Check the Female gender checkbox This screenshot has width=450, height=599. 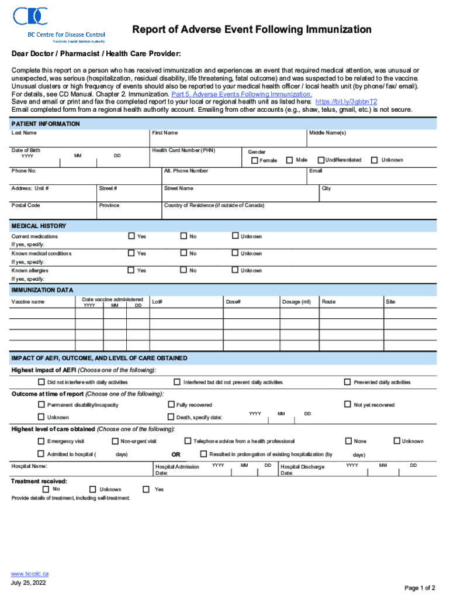pos(255,160)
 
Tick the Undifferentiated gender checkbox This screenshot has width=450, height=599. pos(321,160)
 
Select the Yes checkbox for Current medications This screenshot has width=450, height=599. pos(131,236)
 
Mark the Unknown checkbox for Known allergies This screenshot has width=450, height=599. pos(236,270)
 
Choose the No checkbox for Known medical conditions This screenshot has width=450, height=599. pos(184,253)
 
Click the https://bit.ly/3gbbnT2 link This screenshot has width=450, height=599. pos(346,101)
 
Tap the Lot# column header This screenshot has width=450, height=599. pos(157,302)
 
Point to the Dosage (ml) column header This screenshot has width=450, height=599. pos(296,302)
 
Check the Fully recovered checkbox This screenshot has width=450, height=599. pos(171,404)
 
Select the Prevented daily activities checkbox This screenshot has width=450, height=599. pos(348,382)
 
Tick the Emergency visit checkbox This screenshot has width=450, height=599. pos(41,440)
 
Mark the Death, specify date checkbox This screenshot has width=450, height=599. pos(171,416)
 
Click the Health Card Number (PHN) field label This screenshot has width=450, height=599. pos(184,150)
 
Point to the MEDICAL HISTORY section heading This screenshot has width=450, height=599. pos(39,226)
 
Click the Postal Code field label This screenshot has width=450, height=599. pos(26,205)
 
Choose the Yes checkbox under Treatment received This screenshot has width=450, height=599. pos(146,488)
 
